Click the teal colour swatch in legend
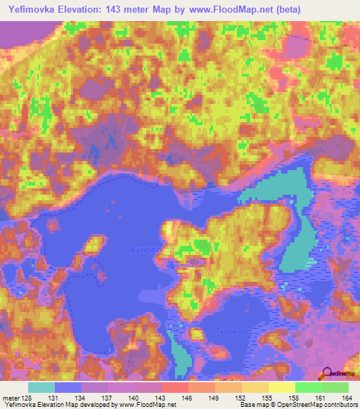[x=41, y=387]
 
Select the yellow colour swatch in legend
[x=281, y=387]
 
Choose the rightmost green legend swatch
[x=335, y=387]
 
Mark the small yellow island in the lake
[x=91, y=247]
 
